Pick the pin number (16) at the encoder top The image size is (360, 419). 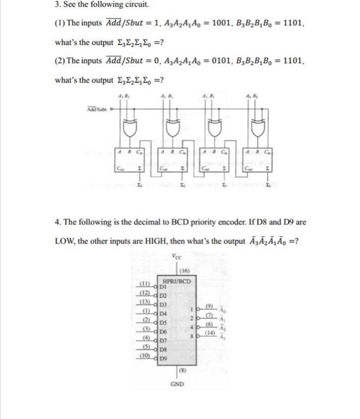180,271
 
